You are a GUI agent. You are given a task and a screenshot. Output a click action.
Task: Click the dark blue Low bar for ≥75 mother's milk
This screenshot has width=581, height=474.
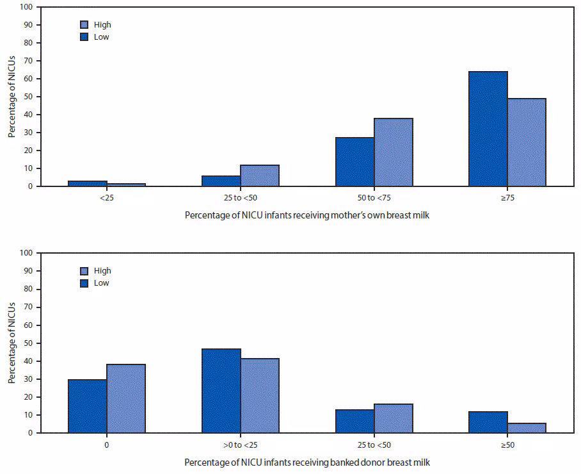click(x=488, y=129)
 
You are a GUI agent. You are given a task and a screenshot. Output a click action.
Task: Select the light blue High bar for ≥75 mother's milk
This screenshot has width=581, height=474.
click(x=527, y=142)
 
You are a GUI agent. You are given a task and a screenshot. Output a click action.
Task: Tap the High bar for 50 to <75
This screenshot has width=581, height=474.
click(x=393, y=152)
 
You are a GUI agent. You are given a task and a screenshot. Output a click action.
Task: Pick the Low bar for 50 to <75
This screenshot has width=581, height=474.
click(x=354, y=162)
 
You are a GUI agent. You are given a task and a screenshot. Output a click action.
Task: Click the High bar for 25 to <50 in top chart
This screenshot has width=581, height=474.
click(x=259, y=176)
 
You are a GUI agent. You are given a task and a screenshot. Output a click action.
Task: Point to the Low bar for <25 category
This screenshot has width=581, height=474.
click(x=87, y=184)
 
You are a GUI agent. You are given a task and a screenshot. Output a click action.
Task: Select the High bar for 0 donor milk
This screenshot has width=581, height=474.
click(x=126, y=398)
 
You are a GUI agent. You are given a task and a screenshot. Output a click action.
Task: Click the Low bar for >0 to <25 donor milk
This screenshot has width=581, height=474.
click(x=221, y=391)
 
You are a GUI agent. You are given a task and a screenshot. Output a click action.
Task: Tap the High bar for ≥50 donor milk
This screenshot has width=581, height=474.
click(x=527, y=428)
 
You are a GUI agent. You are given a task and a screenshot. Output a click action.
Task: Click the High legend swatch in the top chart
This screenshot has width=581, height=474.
click(x=84, y=25)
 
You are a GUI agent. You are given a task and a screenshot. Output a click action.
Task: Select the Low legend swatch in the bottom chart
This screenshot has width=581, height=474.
click(x=84, y=283)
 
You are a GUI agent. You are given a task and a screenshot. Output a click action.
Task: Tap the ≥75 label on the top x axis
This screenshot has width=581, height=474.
click(x=507, y=198)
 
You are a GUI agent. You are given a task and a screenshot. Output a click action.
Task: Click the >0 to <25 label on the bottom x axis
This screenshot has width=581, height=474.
click(x=240, y=445)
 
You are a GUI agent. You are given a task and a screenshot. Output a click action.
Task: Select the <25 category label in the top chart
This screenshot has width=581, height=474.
click(x=106, y=198)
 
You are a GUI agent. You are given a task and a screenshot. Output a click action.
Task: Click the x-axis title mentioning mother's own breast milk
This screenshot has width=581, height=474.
click(x=307, y=215)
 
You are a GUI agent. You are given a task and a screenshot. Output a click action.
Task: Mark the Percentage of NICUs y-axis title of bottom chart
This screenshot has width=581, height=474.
click(x=12, y=343)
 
